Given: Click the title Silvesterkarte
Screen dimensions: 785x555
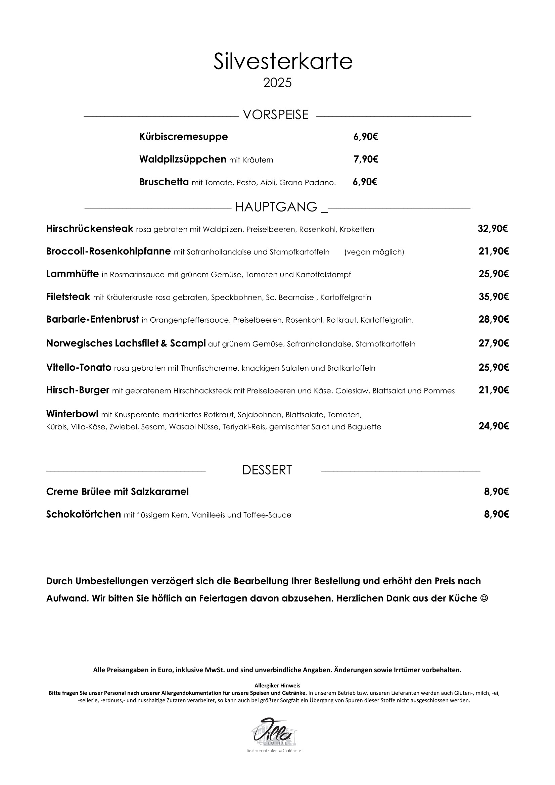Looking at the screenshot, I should tap(282, 61).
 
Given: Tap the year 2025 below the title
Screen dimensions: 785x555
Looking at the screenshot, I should tap(277, 83).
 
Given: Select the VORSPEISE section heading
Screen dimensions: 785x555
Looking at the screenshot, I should tap(276, 115).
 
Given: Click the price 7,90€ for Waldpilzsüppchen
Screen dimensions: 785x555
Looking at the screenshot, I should tap(366, 159).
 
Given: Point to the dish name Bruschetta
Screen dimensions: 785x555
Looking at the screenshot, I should tap(164, 182).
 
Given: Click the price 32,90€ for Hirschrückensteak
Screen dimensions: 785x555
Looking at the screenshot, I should tap(493, 229).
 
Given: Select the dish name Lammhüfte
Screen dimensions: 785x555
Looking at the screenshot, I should tap(73, 274).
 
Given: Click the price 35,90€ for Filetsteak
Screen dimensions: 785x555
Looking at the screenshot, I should tap(494, 297).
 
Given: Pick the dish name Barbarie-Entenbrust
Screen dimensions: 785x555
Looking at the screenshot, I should tap(93, 320).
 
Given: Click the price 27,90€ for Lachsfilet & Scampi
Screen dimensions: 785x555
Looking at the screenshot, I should tap(494, 343).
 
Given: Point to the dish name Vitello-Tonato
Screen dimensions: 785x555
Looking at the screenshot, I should tap(79, 368).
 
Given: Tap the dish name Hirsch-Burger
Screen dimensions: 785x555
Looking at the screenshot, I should tap(78, 390).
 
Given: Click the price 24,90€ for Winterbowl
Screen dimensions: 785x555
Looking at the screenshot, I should tap(494, 426).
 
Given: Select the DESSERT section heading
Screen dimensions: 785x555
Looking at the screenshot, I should tap(267, 470).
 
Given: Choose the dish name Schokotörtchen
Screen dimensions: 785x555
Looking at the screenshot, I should tap(84, 515).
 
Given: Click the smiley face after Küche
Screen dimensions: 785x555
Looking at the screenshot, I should tap(484, 598).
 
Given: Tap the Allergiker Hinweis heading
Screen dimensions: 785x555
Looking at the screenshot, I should tap(277, 686).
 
